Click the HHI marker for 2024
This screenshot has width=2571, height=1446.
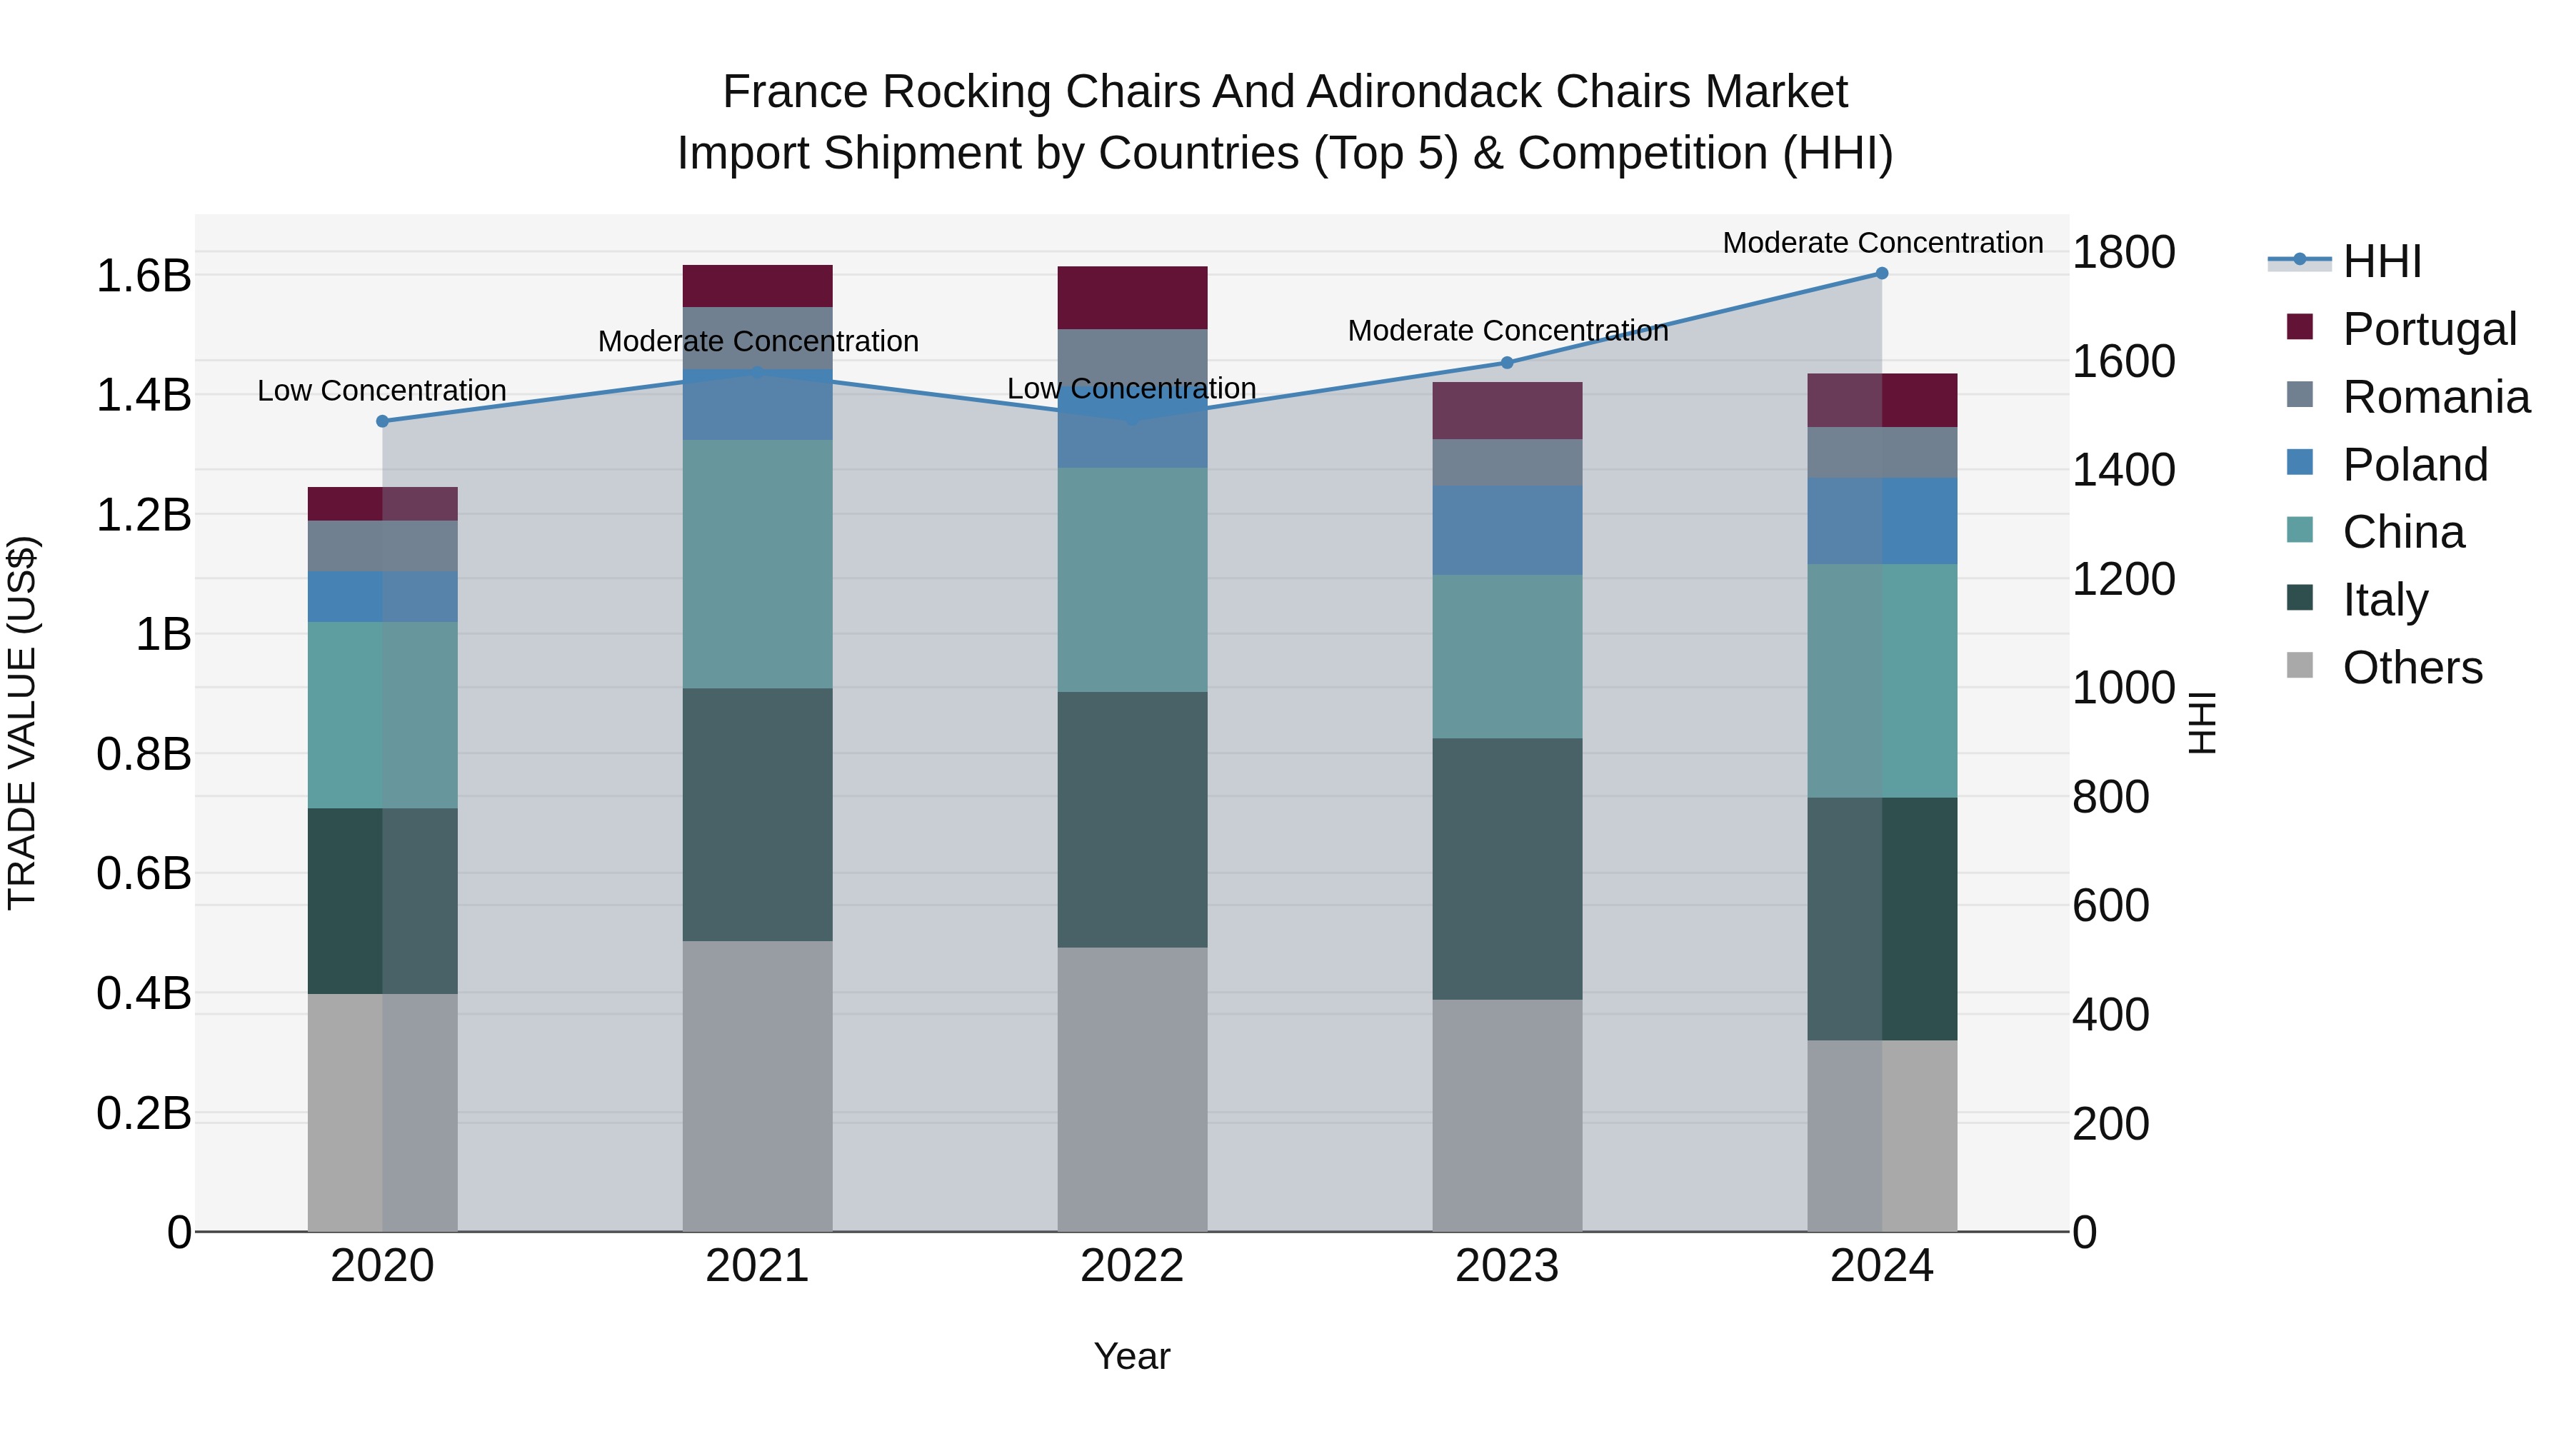pyautogui.click(x=1881, y=273)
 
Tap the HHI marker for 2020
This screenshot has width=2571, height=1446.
pyautogui.click(x=382, y=421)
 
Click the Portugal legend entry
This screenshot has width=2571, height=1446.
pyautogui.click(x=2428, y=329)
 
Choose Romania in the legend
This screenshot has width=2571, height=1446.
pyautogui.click(x=2435, y=397)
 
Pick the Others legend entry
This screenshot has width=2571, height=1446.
pyautogui.click(x=2411, y=668)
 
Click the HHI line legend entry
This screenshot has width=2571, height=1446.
pyautogui.click(x=2381, y=261)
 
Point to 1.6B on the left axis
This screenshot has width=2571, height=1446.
pyautogui.click(x=144, y=276)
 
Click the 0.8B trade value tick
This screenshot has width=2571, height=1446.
pyautogui.click(x=144, y=755)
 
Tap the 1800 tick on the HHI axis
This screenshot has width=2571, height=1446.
pyautogui.click(x=2124, y=253)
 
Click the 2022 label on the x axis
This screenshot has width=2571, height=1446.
pyautogui.click(x=1132, y=1266)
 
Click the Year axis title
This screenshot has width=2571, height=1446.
pyautogui.click(x=1132, y=1356)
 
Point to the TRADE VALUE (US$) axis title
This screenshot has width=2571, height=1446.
pyautogui.click(x=22, y=723)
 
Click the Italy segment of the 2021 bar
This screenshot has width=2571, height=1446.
pyautogui.click(x=758, y=814)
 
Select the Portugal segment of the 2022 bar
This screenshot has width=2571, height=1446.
pyautogui.click(x=1132, y=297)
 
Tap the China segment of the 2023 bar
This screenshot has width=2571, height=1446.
pyautogui.click(x=1507, y=657)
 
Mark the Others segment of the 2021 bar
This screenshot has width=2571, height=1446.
pyautogui.click(x=758, y=1085)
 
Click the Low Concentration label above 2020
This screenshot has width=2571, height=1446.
pyautogui.click(x=382, y=390)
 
